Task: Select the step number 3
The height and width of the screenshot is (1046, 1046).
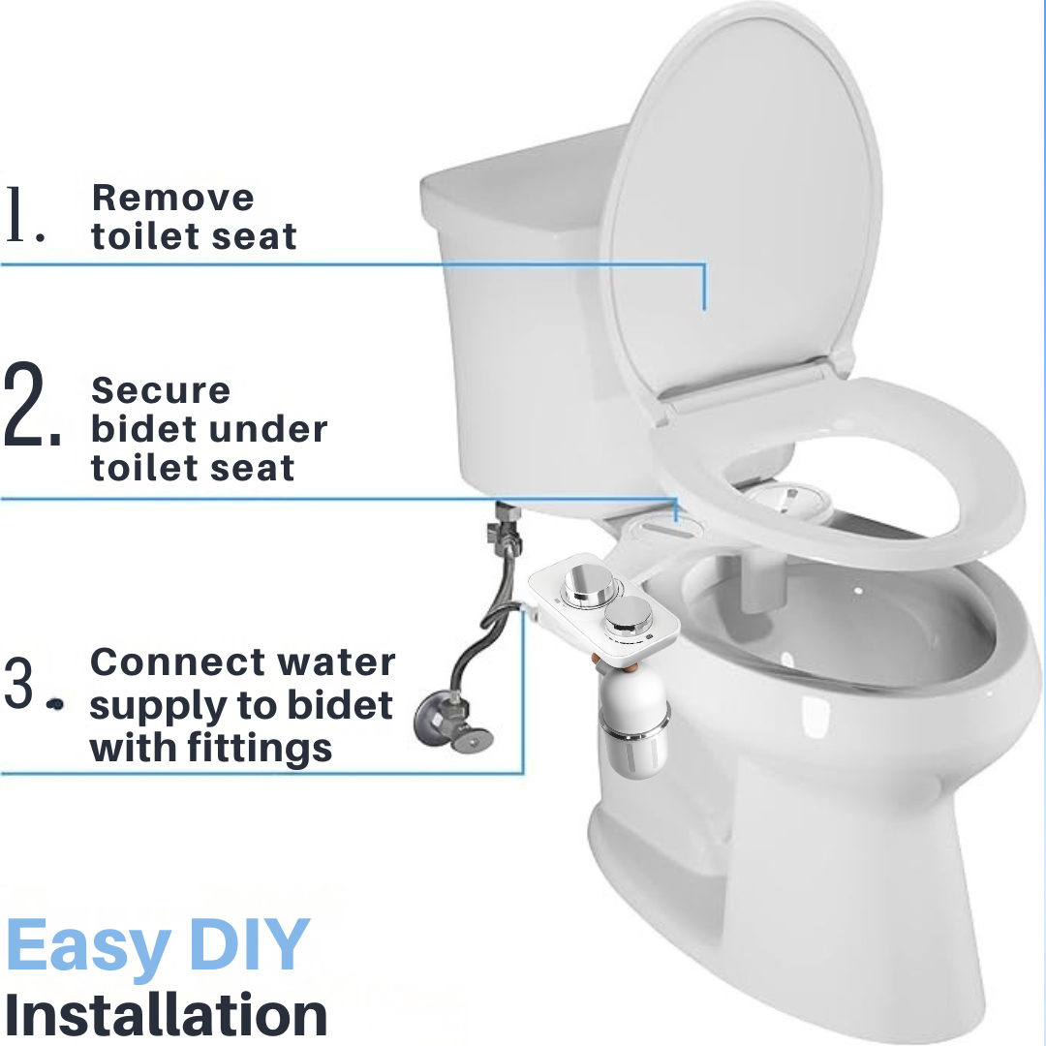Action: click(x=33, y=683)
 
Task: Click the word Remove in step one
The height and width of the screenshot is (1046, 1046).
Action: click(x=172, y=198)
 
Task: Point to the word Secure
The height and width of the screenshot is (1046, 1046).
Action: click(x=161, y=390)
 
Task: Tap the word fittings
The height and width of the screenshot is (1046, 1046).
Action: click(x=260, y=749)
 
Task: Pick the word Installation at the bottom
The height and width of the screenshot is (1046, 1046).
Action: click(x=167, y=1014)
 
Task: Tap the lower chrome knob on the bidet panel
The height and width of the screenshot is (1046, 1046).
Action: click(x=630, y=615)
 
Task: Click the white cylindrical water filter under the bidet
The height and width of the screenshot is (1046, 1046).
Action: click(x=633, y=726)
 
